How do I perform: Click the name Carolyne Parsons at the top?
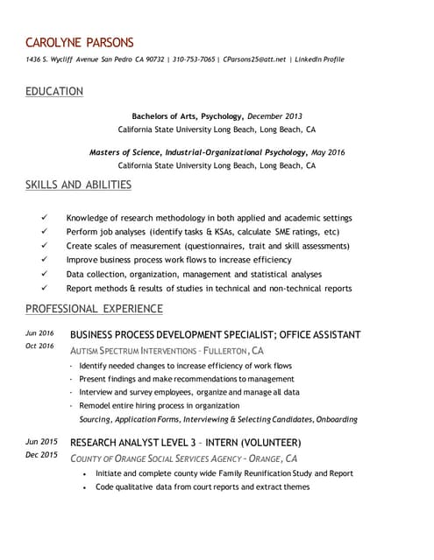click(x=80, y=42)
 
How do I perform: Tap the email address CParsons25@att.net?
click(x=254, y=59)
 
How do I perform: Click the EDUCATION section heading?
click(x=54, y=91)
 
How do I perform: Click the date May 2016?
click(x=328, y=152)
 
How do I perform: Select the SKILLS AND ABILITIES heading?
click(x=78, y=185)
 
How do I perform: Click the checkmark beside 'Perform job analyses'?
click(x=45, y=232)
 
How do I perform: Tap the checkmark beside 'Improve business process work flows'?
click(x=45, y=260)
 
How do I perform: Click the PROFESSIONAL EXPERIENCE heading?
click(x=94, y=308)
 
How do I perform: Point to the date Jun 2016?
click(x=40, y=333)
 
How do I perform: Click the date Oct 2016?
click(x=40, y=346)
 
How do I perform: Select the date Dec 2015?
click(x=41, y=455)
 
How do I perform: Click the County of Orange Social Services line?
click(x=182, y=458)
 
